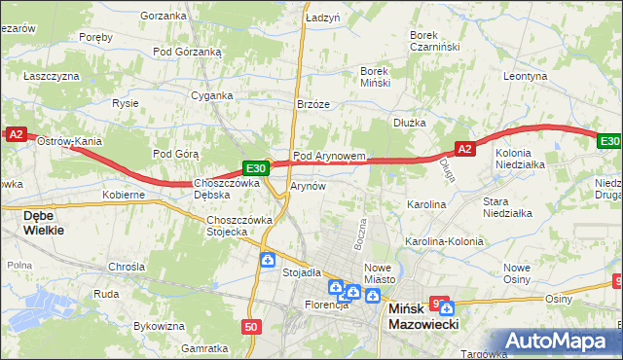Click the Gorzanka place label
163,16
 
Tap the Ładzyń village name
322,18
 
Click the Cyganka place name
211,95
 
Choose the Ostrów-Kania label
69,141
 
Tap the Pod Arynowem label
329,156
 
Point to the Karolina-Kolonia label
444,240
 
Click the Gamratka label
204,347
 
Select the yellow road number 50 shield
251,328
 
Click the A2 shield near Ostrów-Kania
16,135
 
